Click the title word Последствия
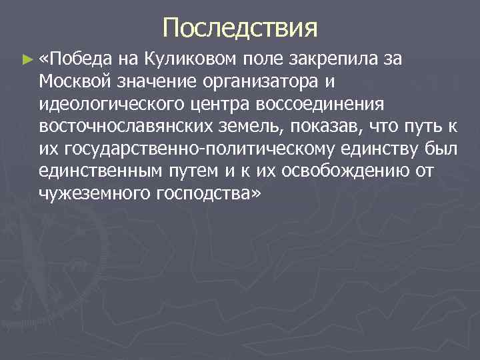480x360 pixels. point(239,29)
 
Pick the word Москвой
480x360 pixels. point(76,83)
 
